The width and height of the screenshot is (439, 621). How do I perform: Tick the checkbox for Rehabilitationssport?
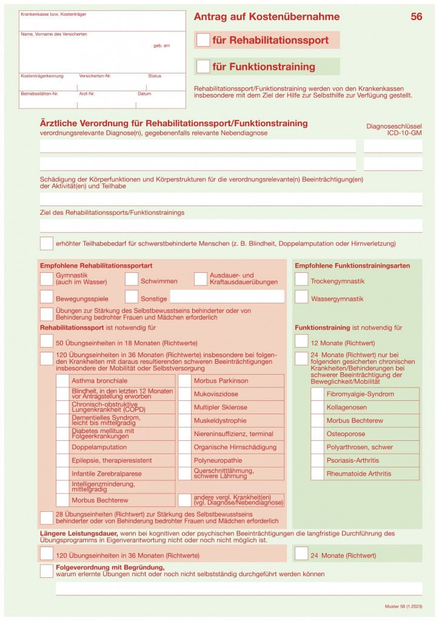203,40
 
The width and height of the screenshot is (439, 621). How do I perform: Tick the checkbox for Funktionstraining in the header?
203,66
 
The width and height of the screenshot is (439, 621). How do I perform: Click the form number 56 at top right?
416,17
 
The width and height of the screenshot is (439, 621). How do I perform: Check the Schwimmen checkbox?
132,279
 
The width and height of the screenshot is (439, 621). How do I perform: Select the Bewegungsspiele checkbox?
47,297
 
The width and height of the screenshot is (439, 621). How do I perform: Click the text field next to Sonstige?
227,297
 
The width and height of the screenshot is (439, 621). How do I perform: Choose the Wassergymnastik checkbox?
301,297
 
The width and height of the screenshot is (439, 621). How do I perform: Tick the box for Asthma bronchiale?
62,381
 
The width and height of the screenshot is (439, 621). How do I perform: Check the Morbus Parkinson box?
184,381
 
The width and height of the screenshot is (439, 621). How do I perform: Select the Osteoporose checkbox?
317,434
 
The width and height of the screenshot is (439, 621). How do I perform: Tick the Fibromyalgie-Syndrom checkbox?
317,394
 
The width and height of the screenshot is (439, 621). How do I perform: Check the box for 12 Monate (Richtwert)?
301,341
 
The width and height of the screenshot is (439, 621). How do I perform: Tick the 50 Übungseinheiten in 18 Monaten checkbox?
47,341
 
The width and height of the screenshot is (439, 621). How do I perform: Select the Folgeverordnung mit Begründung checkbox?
47,571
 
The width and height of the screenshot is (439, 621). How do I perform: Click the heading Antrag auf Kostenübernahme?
267,17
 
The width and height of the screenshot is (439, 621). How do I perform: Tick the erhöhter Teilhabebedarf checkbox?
47,244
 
